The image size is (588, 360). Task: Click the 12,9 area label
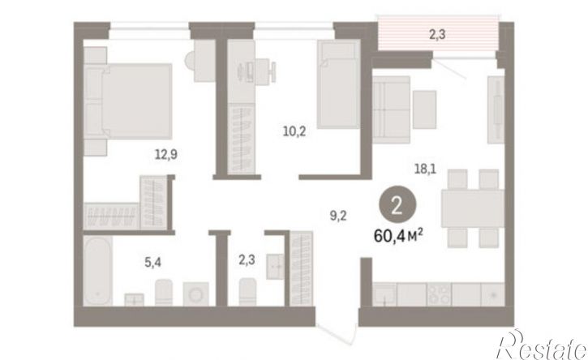pyautogui.click(x=166, y=154)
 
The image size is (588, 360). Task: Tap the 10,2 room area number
pyautogui.click(x=294, y=131)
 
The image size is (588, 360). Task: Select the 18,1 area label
pyautogui.click(x=425, y=169)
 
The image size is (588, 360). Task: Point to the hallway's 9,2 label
pyautogui.click(x=338, y=216)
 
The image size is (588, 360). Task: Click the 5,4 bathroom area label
pyautogui.click(x=153, y=263)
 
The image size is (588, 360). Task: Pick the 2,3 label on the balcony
pyautogui.click(x=437, y=35)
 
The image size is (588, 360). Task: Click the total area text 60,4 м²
pyautogui.click(x=399, y=236)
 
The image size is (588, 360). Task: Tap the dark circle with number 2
pyautogui.click(x=397, y=207)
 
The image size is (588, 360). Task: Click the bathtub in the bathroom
pyautogui.click(x=97, y=270)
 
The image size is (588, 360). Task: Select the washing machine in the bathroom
pyautogui.click(x=195, y=294)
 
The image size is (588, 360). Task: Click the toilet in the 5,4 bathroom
pyautogui.click(x=164, y=292)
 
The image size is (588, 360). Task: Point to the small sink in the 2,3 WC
pyautogui.click(x=276, y=266)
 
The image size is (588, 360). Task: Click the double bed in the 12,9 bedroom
pyautogui.click(x=128, y=101)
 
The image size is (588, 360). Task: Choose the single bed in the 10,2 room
pyautogui.click(x=339, y=84)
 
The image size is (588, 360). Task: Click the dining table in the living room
pyautogui.click(x=473, y=208)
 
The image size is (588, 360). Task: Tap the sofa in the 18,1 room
pyautogui.click(x=391, y=109)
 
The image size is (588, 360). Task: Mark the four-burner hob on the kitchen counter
pyautogui.click(x=439, y=294)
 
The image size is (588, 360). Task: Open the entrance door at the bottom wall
pyautogui.click(x=337, y=332)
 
